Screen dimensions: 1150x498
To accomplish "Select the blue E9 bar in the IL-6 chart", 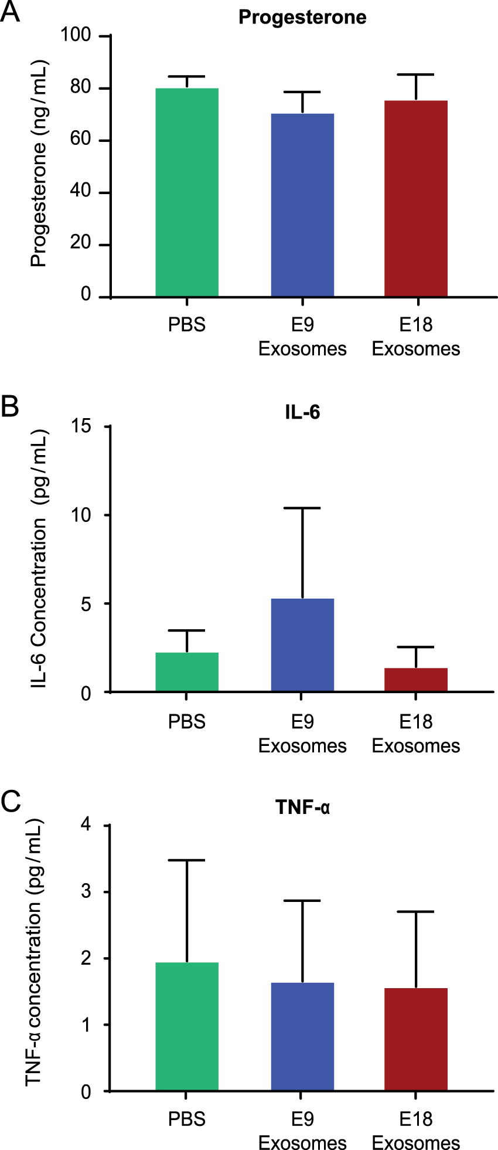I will pyautogui.click(x=302, y=645).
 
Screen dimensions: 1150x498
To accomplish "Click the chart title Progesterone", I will pyautogui.click(x=302, y=18).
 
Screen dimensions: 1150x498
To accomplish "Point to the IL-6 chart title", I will pyautogui.click(x=302, y=412).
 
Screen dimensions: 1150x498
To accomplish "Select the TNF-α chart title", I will pyautogui.click(x=302, y=808).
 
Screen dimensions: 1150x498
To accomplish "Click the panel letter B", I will pyautogui.click(x=10, y=406).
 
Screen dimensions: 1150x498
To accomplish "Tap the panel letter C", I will pyautogui.click(x=11, y=802).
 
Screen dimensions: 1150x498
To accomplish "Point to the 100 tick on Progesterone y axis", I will pyautogui.click(x=76, y=35).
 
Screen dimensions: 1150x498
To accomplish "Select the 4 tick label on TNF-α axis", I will pyautogui.click(x=86, y=825).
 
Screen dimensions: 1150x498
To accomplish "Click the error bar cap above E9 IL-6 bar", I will pyautogui.click(x=302, y=508).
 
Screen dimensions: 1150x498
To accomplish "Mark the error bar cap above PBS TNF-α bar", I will pyautogui.click(x=187, y=860).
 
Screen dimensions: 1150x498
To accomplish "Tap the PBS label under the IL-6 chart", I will pyautogui.click(x=187, y=721).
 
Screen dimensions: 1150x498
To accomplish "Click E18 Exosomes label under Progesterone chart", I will pyautogui.click(x=416, y=337).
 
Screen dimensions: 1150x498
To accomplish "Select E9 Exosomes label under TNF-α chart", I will pyautogui.click(x=302, y=1131).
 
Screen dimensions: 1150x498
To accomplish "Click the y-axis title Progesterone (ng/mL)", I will pyautogui.click(x=39, y=164).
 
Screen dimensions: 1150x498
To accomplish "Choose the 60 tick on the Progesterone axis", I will pyautogui.click(x=81, y=139).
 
